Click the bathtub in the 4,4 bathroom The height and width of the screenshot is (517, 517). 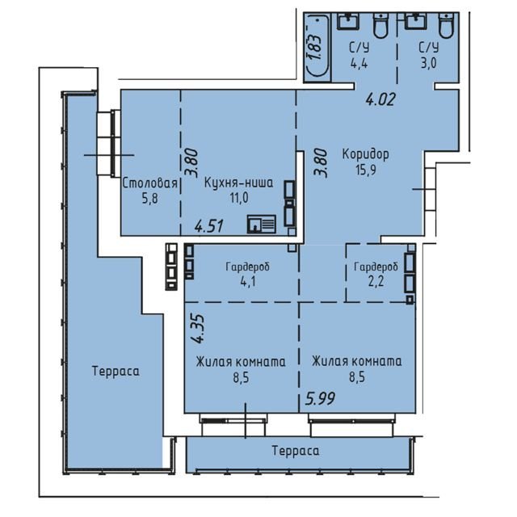(317, 47)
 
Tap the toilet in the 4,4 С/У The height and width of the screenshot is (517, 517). (380, 25)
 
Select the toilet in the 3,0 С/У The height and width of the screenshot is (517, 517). (448, 25)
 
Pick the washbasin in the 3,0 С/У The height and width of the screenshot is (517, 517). (416, 21)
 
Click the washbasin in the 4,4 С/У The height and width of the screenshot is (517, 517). (348, 21)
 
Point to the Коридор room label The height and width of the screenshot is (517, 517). (365, 154)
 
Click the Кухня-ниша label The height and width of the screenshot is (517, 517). (239, 183)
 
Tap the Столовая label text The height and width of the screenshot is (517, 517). (150, 183)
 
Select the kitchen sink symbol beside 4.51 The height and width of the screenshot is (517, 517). (262, 225)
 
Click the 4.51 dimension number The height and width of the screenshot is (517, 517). (209, 226)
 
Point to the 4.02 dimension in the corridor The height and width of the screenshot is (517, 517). (380, 99)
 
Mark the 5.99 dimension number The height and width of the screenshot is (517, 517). (320, 398)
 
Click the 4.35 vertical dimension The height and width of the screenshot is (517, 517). (198, 329)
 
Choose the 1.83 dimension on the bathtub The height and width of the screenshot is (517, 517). (316, 47)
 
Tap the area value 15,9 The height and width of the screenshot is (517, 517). (366, 170)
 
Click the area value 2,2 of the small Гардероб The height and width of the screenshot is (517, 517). (376, 282)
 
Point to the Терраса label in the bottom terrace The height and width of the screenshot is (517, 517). (296, 451)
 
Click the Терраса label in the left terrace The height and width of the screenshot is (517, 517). (116, 371)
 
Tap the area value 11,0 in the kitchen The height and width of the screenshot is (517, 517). (239, 198)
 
